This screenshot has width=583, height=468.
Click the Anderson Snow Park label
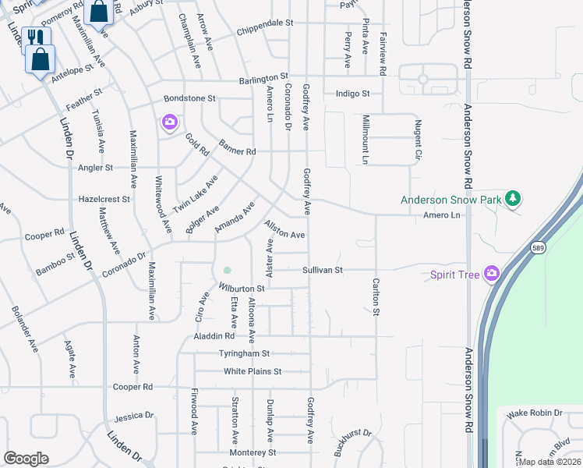click(451, 200)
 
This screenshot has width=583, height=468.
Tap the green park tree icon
click(512, 199)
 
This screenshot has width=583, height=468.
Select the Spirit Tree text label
click(456, 274)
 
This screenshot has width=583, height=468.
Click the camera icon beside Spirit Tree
click(492, 273)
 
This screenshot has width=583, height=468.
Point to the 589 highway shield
click(537, 247)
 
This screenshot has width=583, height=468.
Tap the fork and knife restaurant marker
click(36, 37)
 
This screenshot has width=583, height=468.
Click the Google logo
click(26, 459)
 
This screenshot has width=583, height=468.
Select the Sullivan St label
click(323, 270)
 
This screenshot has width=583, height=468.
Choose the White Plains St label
click(252, 371)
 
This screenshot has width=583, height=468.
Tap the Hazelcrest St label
click(104, 199)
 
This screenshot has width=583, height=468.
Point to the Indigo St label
click(352, 94)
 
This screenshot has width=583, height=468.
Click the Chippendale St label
click(264, 23)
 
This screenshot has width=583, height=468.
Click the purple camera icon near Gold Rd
click(169, 122)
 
